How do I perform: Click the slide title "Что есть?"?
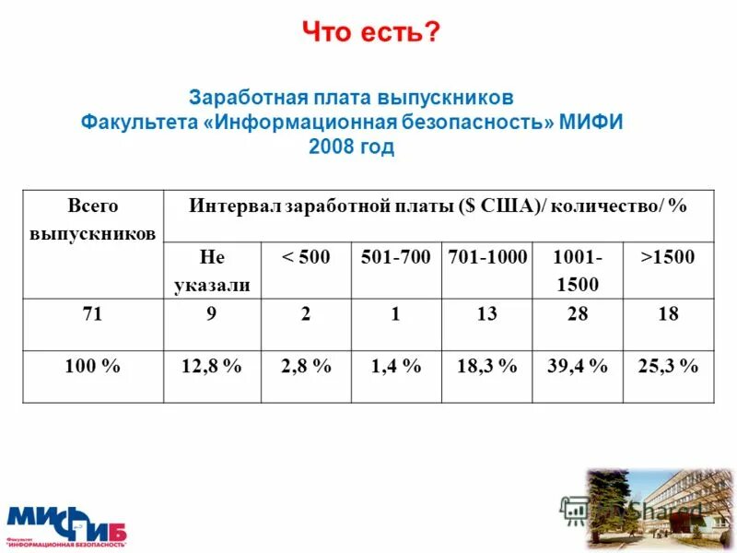tap(372, 33)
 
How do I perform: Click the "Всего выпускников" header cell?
tap(92, 218)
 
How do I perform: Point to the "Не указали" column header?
tap(212, 270)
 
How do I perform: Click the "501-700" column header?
tap(395, 257)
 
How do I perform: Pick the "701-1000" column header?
tap(487, 257)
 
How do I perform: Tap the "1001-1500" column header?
tap(577, 270)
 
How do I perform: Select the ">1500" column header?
tap(668, 257)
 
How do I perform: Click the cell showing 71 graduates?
tap(92, 314)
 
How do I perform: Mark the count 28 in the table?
tap(578, 314)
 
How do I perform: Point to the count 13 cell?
tap(487, 314)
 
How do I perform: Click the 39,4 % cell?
tap(578, 367)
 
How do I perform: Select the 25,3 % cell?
tap(668, 367)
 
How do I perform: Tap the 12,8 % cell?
tap(212, 367)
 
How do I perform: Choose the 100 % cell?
tap(92, 367)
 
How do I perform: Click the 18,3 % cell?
tap(487, 367)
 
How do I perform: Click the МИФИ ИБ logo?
tap(66, 524)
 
